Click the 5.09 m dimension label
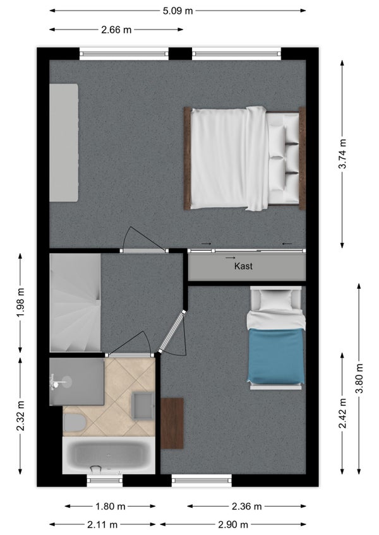177,11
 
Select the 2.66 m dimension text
116,30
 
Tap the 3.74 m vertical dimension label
343,153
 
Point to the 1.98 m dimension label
20,303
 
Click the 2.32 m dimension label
20,416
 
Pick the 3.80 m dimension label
359,379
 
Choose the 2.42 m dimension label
343,413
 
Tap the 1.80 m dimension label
111,507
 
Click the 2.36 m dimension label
246,507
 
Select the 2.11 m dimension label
102,524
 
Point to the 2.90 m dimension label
234,524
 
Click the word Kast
243,266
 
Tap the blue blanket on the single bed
276,356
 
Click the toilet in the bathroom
75,422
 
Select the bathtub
109,456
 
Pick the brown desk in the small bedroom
172,423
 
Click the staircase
75,303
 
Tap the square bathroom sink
142,405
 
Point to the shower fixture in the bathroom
61,382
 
